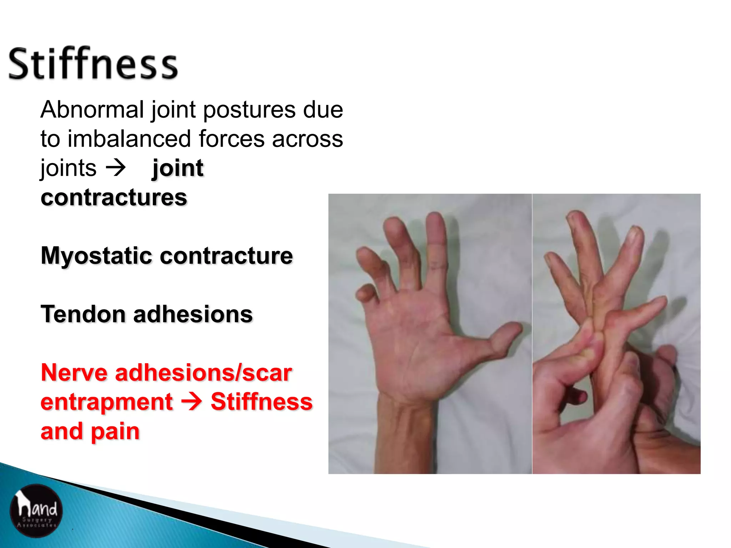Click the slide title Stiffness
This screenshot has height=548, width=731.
click(93, 64)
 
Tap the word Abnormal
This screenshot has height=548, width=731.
click(92, 110)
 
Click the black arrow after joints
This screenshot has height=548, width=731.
click(116, 168)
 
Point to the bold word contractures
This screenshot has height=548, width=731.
click(114, 197)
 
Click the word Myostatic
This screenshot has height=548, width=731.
click(97, 256)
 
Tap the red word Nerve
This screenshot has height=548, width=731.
click(74, 373)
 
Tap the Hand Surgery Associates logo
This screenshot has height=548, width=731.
click(36, 510)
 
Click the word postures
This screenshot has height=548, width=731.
click(249, 110)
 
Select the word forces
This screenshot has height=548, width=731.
click(232, 139)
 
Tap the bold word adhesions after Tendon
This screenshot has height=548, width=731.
click(193, 314)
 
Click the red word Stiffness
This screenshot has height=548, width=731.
click(261, 402)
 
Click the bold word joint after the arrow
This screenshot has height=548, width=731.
click(178, 168)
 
